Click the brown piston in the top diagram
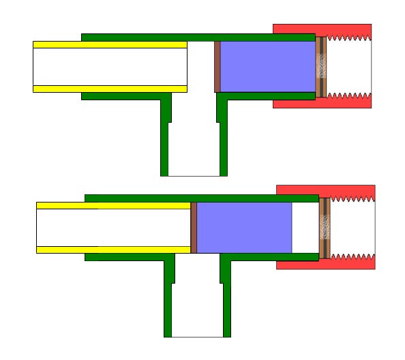click(x=217, y=67)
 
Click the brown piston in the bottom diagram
click(x=194, y=227)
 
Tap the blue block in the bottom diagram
click(x=244, y=227)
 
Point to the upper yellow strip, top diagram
click(x=110, y=44)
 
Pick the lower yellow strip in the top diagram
click(x=110, y=89)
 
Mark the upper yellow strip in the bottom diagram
click(x=113, y=205)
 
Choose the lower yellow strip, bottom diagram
click(x=113, y=250)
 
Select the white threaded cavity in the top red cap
click(x=349, y=66)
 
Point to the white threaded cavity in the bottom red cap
click(x=352, y=227)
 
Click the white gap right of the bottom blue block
click(x=305, y=227)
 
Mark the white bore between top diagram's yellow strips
click(x=110, y=67)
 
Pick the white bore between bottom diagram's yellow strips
click(x=113, y=227)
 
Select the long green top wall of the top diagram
click(x=198, y=37)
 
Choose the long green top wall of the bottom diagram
click(x=201, y=198)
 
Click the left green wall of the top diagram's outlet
click(x=164, y=143)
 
